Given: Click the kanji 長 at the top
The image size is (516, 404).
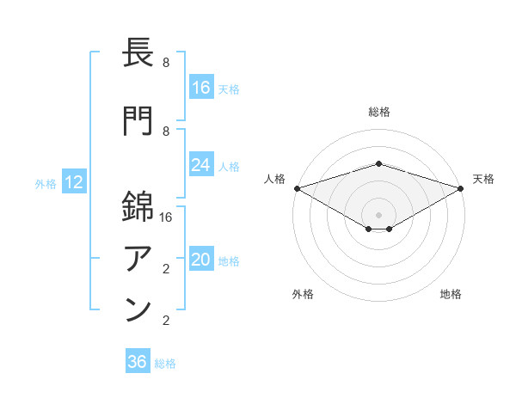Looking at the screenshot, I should pyautogui.click(x=138, y=56).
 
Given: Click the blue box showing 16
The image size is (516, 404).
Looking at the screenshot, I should pyautogui.click(x=201, y=88).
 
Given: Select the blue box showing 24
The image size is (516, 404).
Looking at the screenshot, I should pyautogui.click(x=201, y=165).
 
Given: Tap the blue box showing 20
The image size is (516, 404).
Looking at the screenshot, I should pyautogui.click(x=201, y=260).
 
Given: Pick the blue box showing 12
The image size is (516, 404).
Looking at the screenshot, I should pyautogui.click(x=74, y=182).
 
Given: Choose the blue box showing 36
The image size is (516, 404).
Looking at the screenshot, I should pyautogui.click(x=138, y=362).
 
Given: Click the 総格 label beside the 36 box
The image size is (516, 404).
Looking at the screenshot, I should pyautogui.click(x=165, y=363).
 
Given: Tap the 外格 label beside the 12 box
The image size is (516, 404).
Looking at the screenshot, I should pyautogui.click(x=46, y=183).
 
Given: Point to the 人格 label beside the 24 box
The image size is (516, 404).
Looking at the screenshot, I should pyautogui.click(x=230, y=166).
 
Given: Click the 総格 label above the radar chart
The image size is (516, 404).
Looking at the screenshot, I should pyautogui.click(x=379, y=112).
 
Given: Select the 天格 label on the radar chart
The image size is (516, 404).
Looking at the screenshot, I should pyautogui.click(x=484, y=179).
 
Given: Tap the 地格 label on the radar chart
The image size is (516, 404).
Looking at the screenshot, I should pyautogui.click(x=451, y=294).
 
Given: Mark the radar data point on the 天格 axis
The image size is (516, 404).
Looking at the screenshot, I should pyautogui.click(x=461, y=188).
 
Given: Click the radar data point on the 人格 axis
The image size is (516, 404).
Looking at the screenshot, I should pyautogui.click(x=297, y=188).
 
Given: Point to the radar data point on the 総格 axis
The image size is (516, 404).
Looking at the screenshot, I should pyautogui.click(x=379, y=163).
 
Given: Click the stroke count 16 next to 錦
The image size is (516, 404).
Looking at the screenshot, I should pyautogui.click(x=166, y=217).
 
